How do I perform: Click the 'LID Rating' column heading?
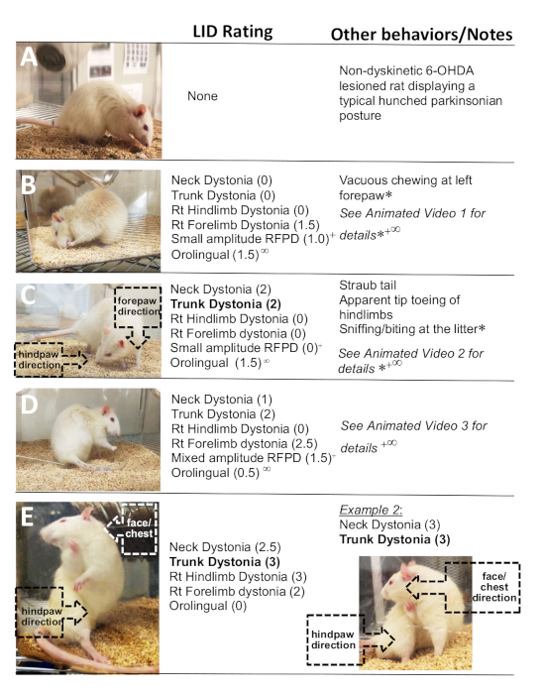pos(233,32)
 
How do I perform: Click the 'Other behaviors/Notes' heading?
pos(421,35)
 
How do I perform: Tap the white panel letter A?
pos(29,58)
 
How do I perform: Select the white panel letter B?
pos(29,183)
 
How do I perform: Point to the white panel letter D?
pos(29,405)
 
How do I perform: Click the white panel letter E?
pos(27,517)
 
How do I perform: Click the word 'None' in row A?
pos(202,96)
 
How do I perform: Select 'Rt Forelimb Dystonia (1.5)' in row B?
pos(246,225)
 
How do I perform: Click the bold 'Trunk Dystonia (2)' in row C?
pos(226,304)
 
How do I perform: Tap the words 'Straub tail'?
pos(368,286)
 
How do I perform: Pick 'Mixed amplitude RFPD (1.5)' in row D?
pos(252,458)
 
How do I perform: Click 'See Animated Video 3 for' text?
pos(413,425)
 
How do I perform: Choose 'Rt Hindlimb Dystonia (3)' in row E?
pos(238,577)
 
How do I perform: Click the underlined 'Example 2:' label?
pos(371,510)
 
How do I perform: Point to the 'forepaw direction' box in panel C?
pos(138,306)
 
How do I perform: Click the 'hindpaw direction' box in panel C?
pos(39,359)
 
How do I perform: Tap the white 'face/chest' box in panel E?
pos(140,528)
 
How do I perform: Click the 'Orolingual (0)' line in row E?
pos(208,606)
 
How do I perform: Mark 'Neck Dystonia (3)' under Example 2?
pos(389,524)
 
